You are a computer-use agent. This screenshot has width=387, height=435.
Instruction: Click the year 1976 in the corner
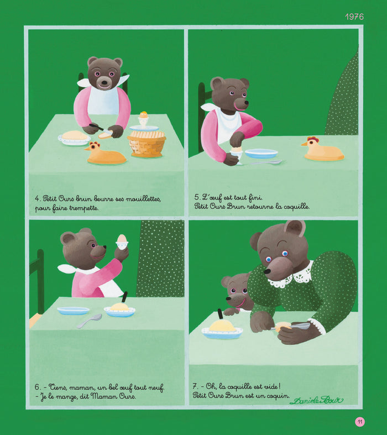pyautogui.click(x=354, y=17)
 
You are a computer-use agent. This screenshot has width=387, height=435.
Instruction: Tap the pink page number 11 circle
pyautogui.click(x=360, y=422)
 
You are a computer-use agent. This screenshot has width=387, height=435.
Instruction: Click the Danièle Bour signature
pyautogui.click(x=316, y=400)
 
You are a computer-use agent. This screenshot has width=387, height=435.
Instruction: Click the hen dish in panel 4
pyautogui.click(x=105, y=154)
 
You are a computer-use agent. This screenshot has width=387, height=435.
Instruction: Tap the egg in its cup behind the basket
pyautogui.click(x=144, y=119)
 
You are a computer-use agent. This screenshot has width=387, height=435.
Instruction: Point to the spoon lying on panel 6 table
pyautogui.click(x=89, y=321)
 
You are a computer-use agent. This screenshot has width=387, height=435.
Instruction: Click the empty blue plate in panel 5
pyautogui.click(x=262, y=153)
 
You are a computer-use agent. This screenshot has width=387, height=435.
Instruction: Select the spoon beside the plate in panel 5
pyautogui.click(x=268, y=163)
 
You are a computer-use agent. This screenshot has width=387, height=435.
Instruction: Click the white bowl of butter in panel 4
pyautogui.click(x=74, y=138)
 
